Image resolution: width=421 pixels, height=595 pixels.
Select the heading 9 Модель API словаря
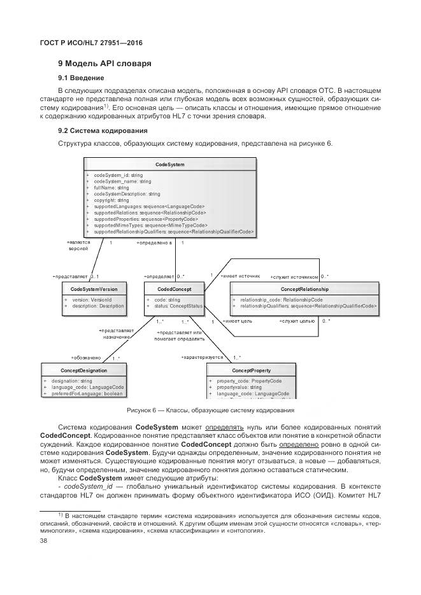(104, 64)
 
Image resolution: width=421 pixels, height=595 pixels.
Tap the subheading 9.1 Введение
(82, 78)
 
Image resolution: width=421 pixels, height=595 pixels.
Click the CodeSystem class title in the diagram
(170, 164)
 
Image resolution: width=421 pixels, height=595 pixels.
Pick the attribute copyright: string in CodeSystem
(111, 200)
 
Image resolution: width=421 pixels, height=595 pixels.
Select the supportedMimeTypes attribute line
(150, 225)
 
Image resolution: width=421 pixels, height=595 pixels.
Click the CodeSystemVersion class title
(94, 289)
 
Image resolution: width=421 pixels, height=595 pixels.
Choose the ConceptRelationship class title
(304, 289)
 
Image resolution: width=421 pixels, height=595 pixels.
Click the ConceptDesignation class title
(83, 370)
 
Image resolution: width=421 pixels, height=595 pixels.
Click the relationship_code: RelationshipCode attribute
(281, 299)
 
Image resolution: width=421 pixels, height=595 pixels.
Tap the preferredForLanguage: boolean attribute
(87, 394)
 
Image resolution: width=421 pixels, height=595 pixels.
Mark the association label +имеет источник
(240, 276)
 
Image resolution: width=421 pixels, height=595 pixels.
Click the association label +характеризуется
(202, 358)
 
